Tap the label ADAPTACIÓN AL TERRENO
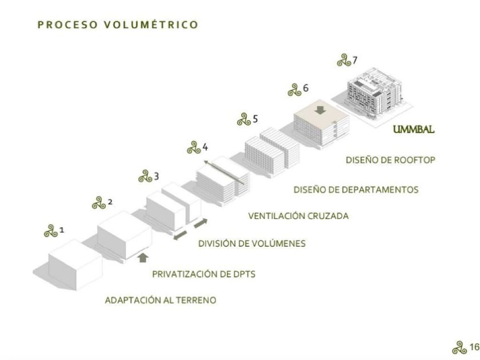161,301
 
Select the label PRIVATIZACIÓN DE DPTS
203,274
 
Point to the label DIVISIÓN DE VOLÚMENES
252,243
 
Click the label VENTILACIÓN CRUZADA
298,216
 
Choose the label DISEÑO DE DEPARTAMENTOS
356,189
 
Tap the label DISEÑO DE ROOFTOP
390,160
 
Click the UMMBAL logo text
414,130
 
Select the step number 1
62,230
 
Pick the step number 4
205,147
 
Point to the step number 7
355,59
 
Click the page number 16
474,347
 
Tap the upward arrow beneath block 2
143,258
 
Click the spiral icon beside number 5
244,120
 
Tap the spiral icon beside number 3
145,177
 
